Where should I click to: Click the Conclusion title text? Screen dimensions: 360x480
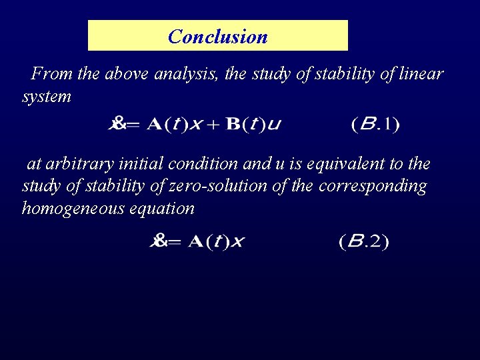tap(218, 36)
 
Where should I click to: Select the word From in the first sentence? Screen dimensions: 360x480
tap(52, 74)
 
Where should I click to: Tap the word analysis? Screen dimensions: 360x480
tap(186, 74)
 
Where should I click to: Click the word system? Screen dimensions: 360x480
tap(47, 97)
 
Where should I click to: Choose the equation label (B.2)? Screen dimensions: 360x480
tap(363, 241)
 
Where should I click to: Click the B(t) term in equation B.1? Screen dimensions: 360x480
tap(244, 125)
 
